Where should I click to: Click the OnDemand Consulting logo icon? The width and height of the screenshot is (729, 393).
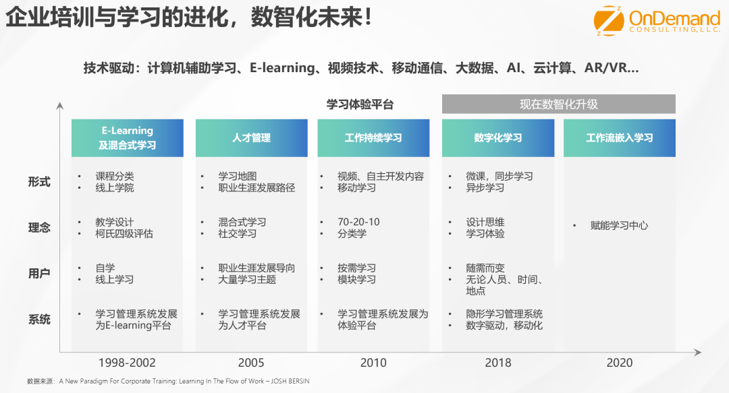click(609, 20)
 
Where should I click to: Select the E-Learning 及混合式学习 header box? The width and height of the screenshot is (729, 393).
click(128, 138)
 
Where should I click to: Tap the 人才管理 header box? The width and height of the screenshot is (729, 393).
click(252, 138)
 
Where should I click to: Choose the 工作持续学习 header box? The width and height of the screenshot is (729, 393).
click(373, 138)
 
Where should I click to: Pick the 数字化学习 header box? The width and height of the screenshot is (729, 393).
click(498, 138)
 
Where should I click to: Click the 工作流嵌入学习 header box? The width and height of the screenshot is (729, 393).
click(619, 138)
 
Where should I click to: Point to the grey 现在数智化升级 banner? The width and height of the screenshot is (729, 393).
click(559, 104)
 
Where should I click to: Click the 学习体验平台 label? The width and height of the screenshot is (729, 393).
click(360, 104)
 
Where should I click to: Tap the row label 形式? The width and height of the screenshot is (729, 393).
click(39, 181)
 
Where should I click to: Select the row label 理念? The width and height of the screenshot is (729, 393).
click(39, 228)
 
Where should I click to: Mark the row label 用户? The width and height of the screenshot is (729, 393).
click(39, 274)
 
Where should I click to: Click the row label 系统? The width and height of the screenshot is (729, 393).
click(39, 320)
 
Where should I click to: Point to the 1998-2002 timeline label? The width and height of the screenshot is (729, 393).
click(127, 363)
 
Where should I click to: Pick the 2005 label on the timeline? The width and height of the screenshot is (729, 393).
click(251, 363)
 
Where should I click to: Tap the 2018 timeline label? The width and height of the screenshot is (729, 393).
click(498, 363)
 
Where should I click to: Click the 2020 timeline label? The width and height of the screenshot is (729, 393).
click(619, 363)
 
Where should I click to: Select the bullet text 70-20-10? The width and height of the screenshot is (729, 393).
click(358, 222)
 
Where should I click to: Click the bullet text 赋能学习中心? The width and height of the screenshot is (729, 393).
click(619, 226)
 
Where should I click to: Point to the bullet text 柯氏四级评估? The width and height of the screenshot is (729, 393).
click(124, 234)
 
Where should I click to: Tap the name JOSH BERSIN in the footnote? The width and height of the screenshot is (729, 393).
click(290, 382)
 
